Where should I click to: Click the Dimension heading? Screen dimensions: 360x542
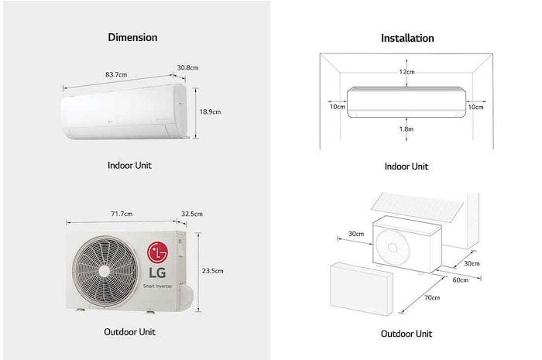click(132, 37)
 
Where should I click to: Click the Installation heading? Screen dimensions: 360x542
click(407, 38)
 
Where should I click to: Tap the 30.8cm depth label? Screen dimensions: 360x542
click(188, 67)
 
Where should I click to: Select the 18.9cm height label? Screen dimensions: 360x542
click(211, 111)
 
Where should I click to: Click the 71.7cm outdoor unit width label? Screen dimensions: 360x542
click(121, 214)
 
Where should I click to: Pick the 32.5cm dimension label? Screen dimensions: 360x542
click(191, 214)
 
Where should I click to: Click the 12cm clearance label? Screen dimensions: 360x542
click(407, 71)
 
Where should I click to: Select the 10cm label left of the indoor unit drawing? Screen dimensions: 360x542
click(337, 107)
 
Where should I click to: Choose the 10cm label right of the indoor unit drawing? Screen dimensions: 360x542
click(476, 107)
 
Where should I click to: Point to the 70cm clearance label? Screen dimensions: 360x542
click(431, 297)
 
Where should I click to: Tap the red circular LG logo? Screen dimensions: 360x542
click(159, 252)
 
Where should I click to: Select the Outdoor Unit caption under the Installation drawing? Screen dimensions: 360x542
click(406, 334)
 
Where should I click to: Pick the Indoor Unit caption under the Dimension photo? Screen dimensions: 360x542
click(130, 165)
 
